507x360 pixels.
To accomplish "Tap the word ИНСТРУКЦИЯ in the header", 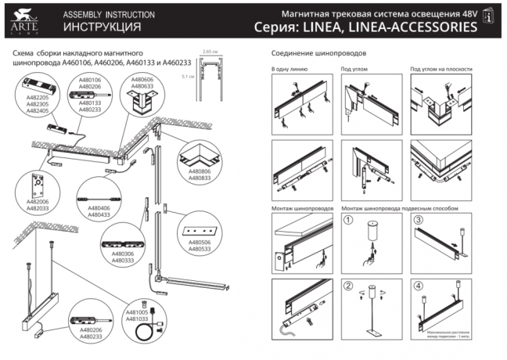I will tap(91, 27).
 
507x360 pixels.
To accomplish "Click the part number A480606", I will tap(142, 80).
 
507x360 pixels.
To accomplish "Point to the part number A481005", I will tap(137, 311).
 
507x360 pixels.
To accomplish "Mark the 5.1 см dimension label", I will tap(185, 77).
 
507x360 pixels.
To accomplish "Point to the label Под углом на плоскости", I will tap(441, 70).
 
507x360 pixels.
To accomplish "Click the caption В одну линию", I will tap(288, 70).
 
